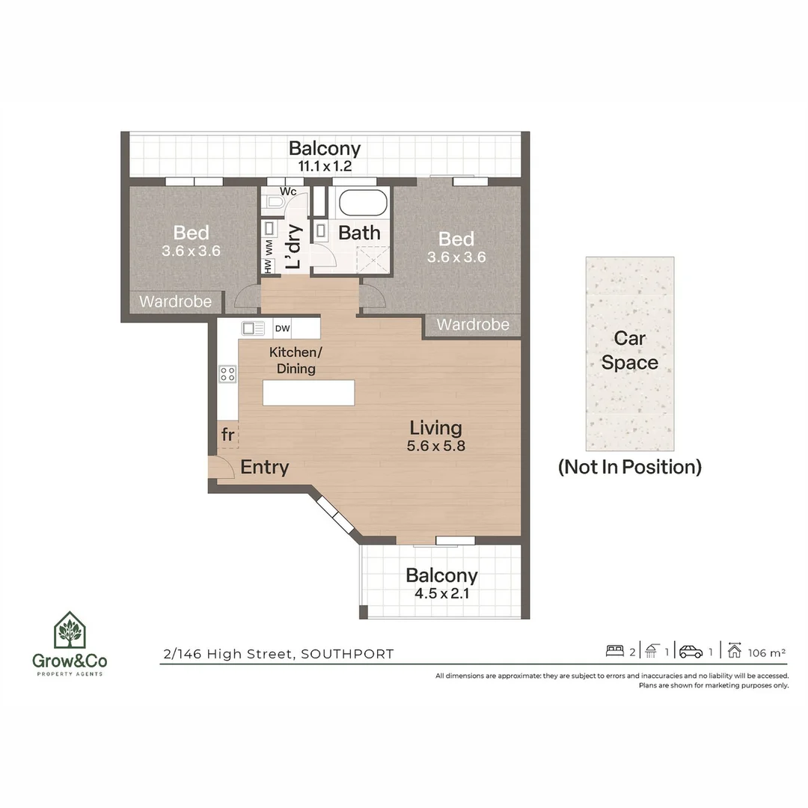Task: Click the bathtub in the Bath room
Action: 363,203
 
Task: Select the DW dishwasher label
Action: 282,328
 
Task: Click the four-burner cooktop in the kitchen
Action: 227,373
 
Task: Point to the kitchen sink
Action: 253,328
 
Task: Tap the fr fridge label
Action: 227,435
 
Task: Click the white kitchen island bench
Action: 309,393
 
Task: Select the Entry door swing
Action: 222,467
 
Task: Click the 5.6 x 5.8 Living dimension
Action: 436,446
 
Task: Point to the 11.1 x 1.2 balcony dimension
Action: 325,166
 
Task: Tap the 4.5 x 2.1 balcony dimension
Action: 442,593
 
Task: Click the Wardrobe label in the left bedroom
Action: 175,302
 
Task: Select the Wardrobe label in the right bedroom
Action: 473,325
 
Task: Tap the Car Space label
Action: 630,350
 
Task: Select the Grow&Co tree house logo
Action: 70,630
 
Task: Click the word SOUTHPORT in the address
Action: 347,654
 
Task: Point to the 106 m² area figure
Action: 767,653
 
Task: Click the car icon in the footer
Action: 691,652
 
